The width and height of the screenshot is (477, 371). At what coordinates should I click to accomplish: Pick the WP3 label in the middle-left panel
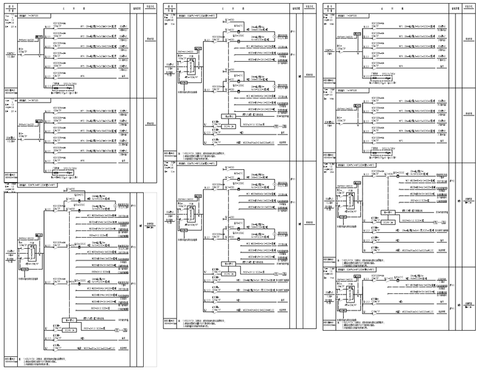(83, 133)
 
